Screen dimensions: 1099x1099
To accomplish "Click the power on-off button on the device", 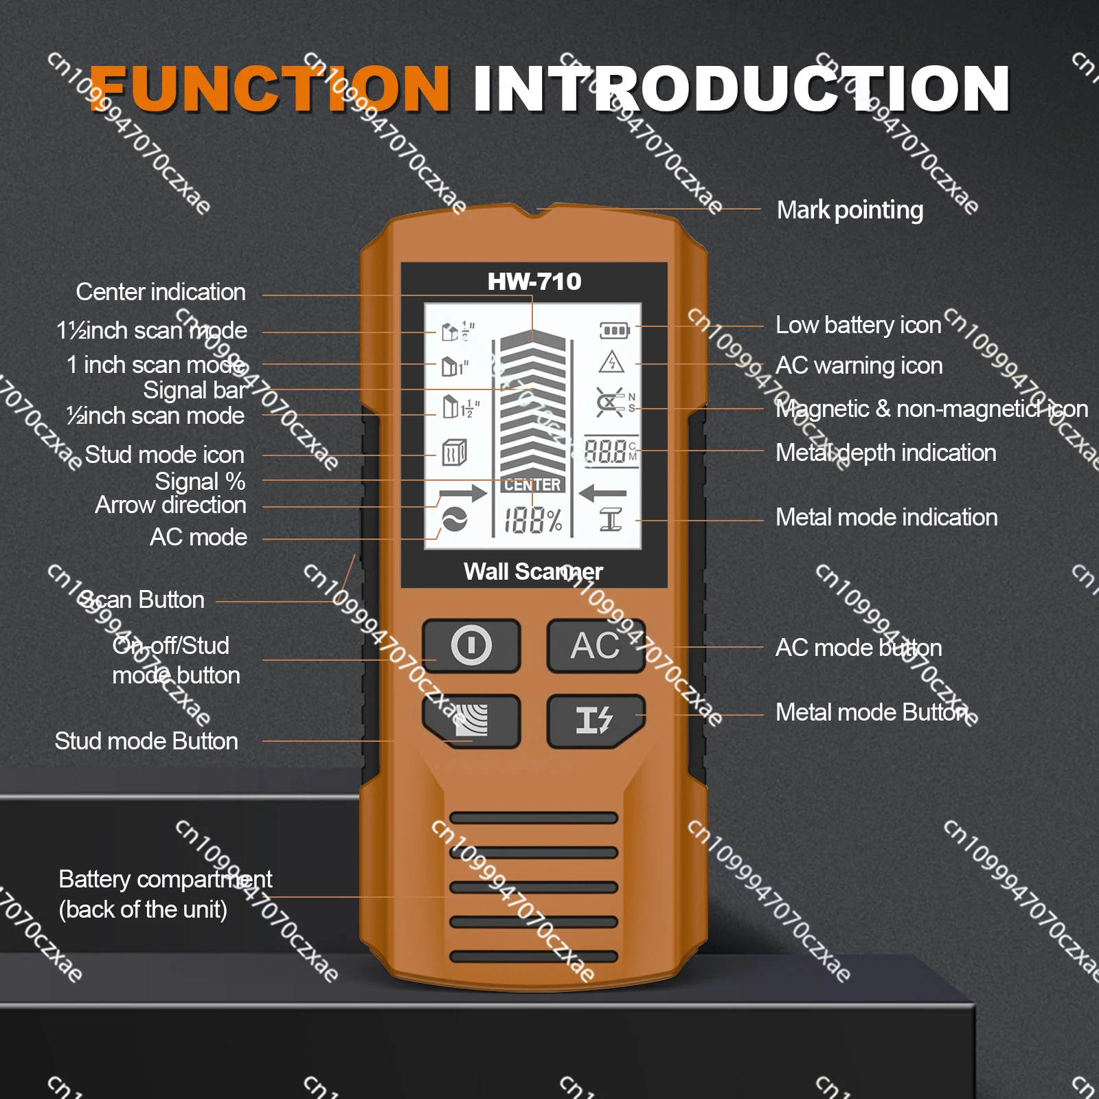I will tap(471, 646).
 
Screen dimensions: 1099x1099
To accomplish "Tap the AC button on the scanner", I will tap(596, 646).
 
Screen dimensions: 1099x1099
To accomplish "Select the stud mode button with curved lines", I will tap(471, 721).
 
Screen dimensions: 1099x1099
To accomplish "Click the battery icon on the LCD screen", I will tap(614, 331).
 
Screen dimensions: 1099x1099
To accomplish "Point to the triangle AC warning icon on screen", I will tap(611, 362).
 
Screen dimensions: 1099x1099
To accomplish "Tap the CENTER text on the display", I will tap(532, 485).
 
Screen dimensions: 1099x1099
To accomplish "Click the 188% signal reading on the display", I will tap(533, 520).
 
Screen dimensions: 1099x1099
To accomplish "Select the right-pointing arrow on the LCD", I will tap(462, 493).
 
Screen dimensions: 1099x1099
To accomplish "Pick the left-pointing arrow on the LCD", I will tap(602, 492).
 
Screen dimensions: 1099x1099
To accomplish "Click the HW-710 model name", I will tap(534, 282).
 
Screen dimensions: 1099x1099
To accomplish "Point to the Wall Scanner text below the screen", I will tap(533, 571).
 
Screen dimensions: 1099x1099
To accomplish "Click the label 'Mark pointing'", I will tap(850, 210).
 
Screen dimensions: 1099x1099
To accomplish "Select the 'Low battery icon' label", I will tap(858, 325).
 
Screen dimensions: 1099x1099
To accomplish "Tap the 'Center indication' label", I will tap(161, 292).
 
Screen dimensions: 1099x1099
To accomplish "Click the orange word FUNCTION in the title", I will tap(269, 89).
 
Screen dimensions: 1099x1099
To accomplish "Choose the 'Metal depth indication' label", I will tap(885, 453).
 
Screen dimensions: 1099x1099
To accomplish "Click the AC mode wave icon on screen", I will tap(454, 520).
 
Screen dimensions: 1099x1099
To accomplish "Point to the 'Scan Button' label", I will tap(142, 600).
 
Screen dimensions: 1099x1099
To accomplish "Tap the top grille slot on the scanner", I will tap(534, 817).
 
